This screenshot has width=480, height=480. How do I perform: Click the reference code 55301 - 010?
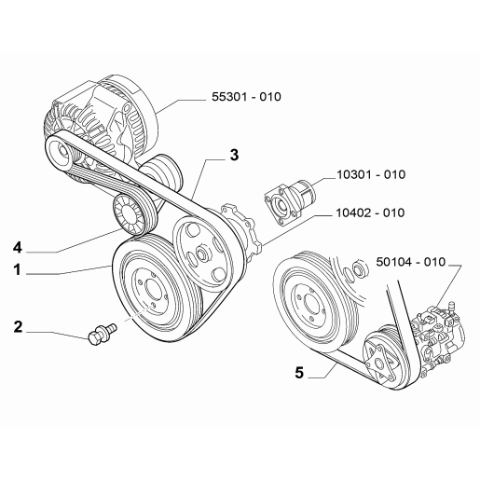coord(246,97)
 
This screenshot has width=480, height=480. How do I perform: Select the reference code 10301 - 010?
coord(371,174)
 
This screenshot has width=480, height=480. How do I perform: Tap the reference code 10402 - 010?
coord(370,213)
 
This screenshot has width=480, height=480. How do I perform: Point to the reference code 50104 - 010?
coord(411,262)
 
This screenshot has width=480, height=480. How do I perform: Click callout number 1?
coord(17,269)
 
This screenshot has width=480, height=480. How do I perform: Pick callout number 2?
coord(18,327)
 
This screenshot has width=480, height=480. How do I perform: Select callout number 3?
coord(234,155)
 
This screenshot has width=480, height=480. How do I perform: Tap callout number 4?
coord(18,248)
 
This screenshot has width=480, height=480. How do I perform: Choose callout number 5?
coord(299,373)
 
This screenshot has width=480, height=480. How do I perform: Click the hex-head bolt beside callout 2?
coord(102,334)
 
